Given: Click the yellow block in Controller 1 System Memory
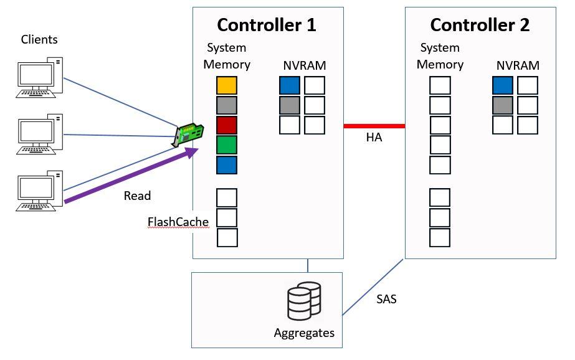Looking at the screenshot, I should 227,85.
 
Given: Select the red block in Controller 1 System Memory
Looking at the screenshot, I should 227,125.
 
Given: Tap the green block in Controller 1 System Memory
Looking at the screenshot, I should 227,145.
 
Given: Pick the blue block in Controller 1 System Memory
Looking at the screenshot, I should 227,165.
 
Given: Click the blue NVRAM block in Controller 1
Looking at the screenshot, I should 290,85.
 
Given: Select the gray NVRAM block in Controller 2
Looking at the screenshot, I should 502,105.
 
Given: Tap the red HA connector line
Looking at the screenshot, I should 374,126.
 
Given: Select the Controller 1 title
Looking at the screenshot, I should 267,25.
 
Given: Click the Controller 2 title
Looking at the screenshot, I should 480,25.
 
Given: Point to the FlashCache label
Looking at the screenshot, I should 178,222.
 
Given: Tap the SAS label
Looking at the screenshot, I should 386,299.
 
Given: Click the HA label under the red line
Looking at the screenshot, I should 374,138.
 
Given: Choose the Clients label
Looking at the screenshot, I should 39,40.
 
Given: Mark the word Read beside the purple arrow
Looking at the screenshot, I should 137,196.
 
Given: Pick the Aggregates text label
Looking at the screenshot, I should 304,333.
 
